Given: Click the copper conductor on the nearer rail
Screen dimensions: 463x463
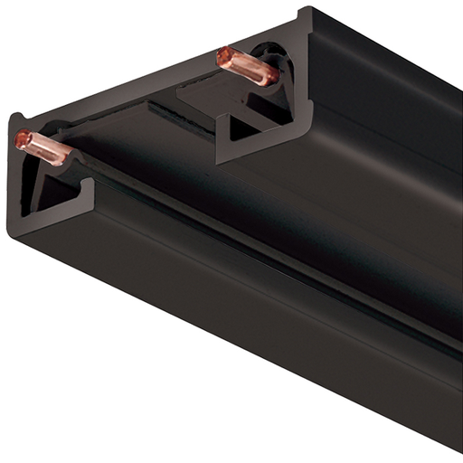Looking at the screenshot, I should [x=42, y=148].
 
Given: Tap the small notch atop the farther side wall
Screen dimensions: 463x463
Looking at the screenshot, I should [x=308, y=13].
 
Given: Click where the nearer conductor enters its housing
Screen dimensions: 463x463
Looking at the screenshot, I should [x=67, y=157].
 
